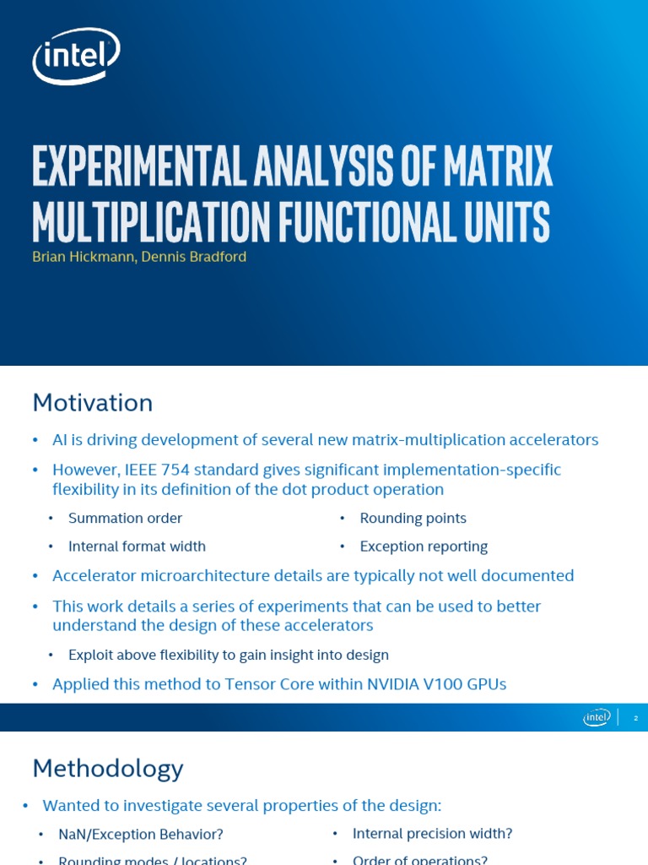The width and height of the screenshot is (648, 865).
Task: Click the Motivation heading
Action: (93, 403)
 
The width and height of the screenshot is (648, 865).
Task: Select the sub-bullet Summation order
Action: (125, 518)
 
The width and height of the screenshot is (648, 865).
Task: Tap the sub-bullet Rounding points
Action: (413, 518)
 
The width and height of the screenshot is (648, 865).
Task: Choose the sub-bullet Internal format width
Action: (137, 547)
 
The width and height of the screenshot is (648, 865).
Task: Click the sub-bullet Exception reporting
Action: (424, 547)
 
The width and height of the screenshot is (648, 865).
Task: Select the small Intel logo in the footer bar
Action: (597, 717)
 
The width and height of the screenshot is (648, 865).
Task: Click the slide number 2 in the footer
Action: (636, 718)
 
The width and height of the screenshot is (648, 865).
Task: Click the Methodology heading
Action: (108, 769)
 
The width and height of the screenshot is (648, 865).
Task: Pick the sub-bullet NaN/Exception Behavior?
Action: (141, 835)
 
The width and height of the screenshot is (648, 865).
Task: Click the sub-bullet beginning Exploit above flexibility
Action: (229, 655)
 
